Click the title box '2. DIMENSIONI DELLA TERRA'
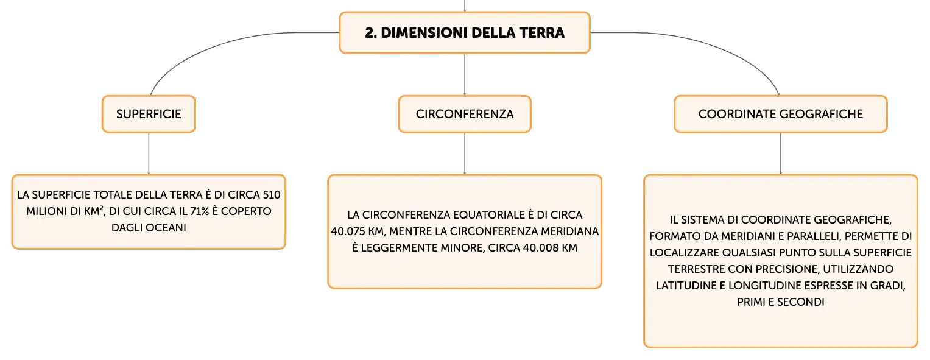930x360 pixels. tap(465, 33)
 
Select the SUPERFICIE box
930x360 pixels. tap(149, 114)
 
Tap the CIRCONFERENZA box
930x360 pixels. tap(465, 114)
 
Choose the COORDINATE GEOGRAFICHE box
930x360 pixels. tap(781, 114)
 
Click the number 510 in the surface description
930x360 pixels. tap(272, 195)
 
